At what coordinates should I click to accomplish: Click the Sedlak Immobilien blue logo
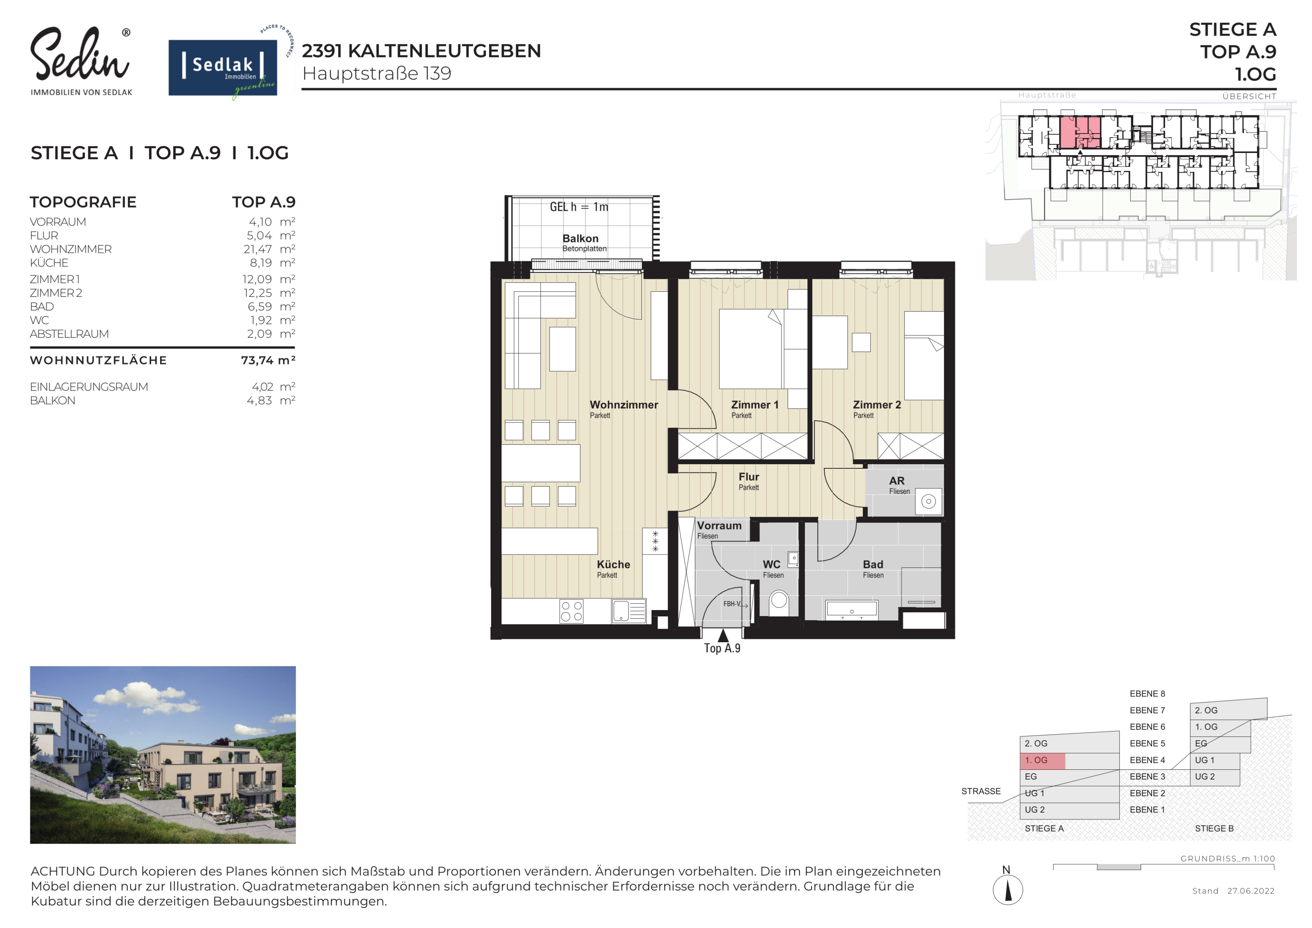coord(223,67)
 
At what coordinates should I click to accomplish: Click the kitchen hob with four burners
coord(571,611)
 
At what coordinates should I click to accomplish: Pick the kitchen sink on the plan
coord(629,611)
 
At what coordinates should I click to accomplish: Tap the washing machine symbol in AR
coord(929,502)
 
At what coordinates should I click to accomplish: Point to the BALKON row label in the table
coord(52,400)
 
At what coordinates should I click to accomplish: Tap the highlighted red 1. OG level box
coord(1042,760)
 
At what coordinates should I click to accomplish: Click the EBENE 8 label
coord(1147,694)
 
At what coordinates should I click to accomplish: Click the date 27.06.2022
coord(1251,891)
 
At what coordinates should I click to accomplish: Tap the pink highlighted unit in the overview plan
coord(1080,133)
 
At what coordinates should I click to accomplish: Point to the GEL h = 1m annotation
coord(579,207)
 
